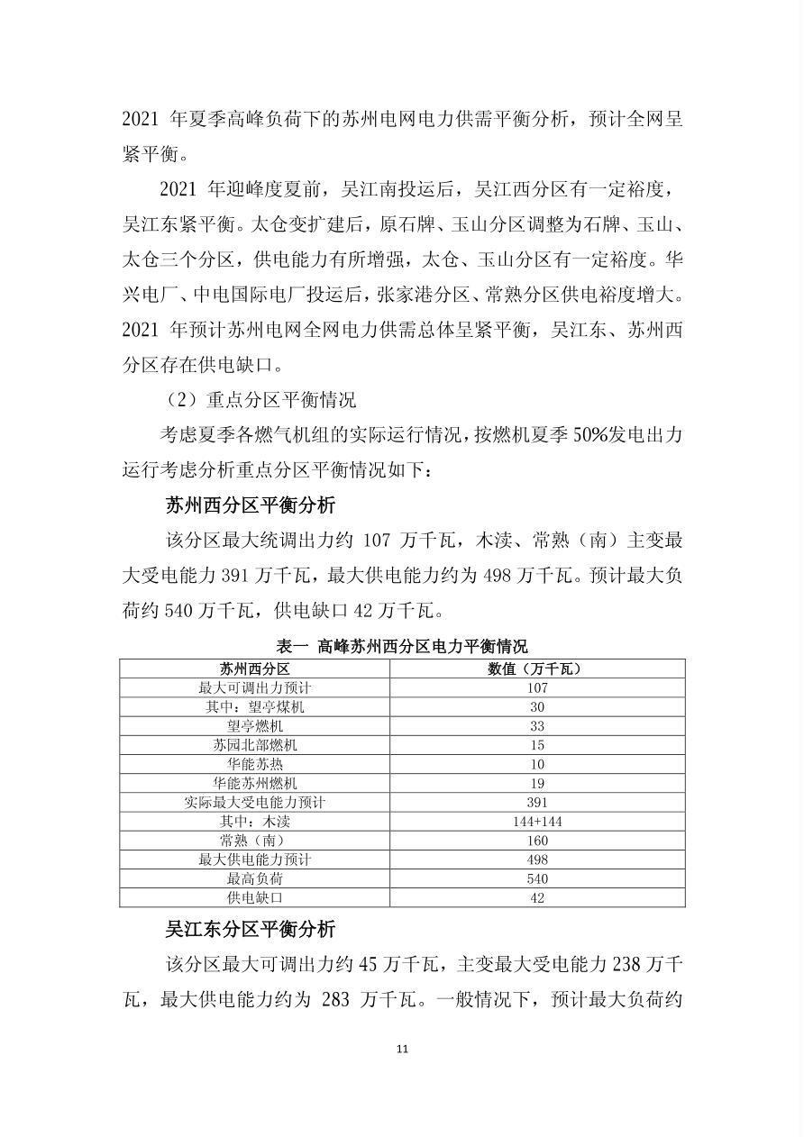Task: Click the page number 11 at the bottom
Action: (x=402, y=1049)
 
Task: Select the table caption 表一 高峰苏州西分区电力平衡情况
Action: (x=402, y=646)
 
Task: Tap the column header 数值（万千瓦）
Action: (x=537, y=669)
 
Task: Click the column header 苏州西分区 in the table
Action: (x=255, y=669)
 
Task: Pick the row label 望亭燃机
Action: (x=255, y=726)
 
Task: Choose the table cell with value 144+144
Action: (x=537, y=822)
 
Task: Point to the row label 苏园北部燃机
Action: (x=255, y=745)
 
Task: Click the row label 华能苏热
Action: (x=255, y=764)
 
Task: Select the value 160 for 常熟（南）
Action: (x=537, y=841)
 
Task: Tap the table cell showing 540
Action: (x=537, y=878)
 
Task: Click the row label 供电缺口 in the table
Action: (x=255, y=898)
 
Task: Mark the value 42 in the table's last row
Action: (x=537, y=898)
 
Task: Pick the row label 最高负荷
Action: (x=255, y=878)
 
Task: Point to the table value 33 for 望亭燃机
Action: (x=537, y=726)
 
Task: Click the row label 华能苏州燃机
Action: (x=255, y=783)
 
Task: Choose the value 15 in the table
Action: (x=537, y=745)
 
